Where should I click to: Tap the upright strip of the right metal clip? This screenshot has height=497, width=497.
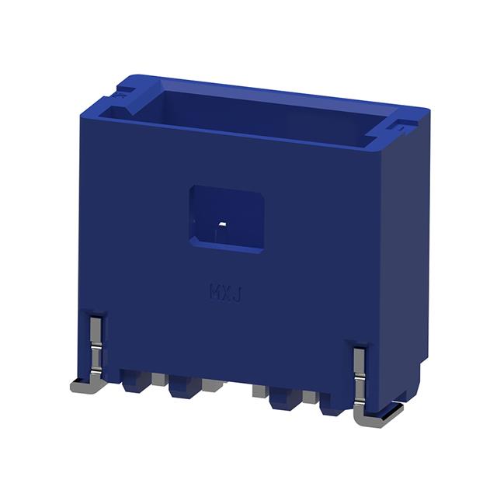click(360, 373)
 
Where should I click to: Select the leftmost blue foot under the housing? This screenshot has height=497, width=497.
click(133, 381)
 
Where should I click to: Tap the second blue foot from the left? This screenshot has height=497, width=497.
click(183, 384)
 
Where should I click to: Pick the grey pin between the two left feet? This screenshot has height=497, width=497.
click(158, 380)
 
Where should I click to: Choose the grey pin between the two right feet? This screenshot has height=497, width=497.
click(309, 397)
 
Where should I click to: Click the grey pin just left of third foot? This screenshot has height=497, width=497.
click(259, 390)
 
